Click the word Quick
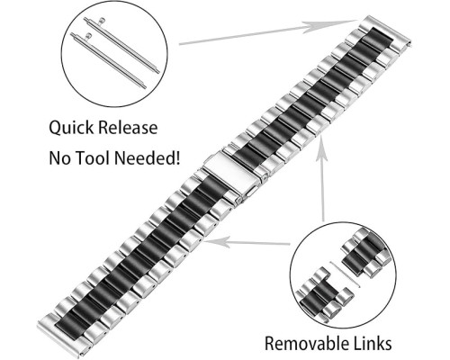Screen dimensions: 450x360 tap(71, 128)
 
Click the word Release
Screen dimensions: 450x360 tap(128, 127)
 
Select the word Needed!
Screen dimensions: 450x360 tap(148, 157)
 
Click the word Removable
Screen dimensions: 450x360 tap(308, 343)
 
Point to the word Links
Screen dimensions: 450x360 tap(373, 343)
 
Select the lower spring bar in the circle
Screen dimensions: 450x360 tap(109, 61)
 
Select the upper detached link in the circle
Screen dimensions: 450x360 tap(366, 252)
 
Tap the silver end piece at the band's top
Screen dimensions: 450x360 tap(387, 29)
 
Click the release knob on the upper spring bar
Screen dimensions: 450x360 tap(103, 21)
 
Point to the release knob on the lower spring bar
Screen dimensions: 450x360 tap(89, 36)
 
